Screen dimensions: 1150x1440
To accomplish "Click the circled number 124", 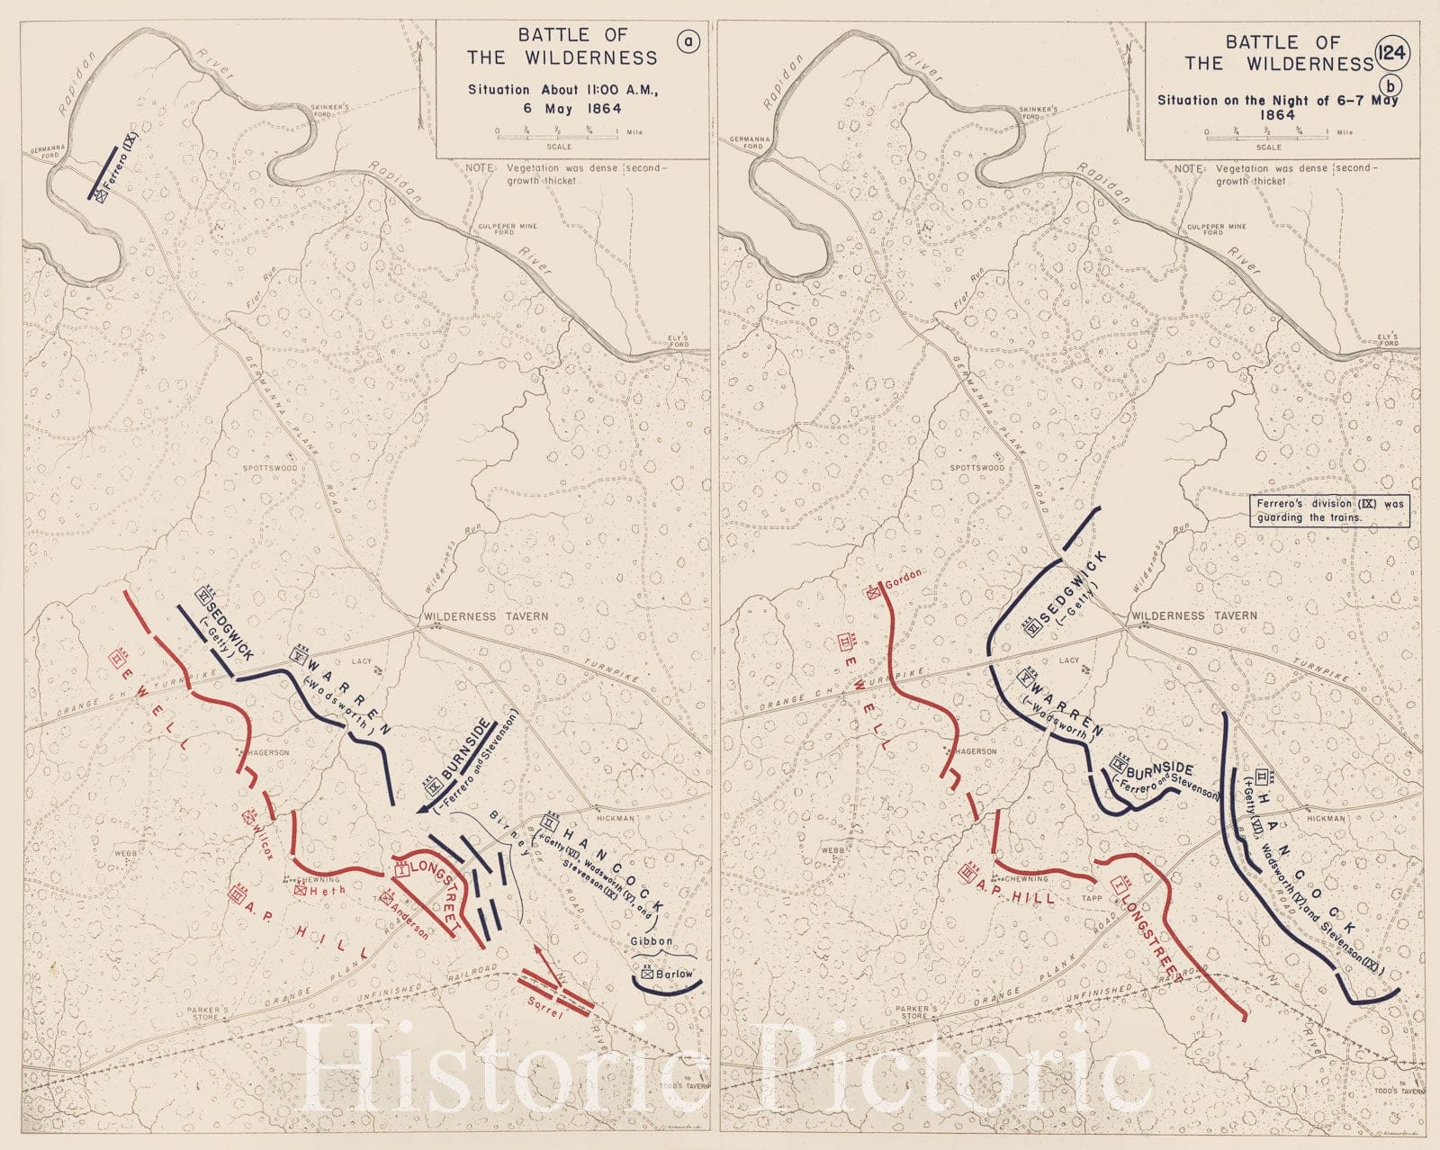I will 1390,52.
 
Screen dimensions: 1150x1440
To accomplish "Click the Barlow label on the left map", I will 674,974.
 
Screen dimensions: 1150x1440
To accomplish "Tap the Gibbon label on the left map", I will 651,941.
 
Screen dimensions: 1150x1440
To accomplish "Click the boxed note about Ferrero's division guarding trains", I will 1329,510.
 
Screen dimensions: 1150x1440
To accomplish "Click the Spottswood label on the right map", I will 977,468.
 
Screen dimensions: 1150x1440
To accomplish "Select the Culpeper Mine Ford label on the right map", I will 1216,229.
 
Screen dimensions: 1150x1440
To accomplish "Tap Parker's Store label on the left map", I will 208,1014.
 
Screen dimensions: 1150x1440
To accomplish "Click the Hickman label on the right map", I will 1326,819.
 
